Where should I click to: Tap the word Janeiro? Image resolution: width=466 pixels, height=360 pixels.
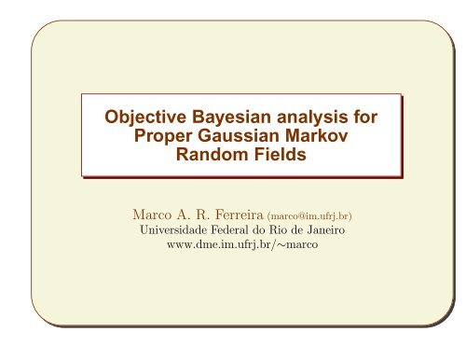pos(325,230)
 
